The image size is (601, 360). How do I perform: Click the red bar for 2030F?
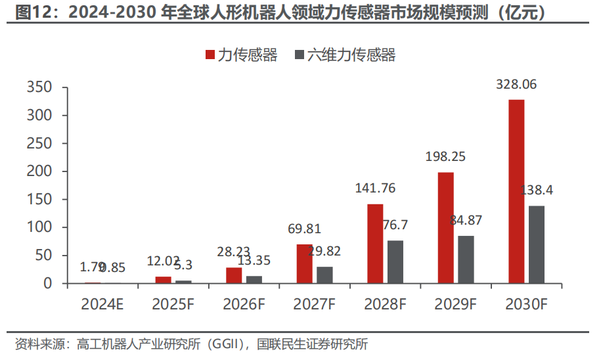(516, 191)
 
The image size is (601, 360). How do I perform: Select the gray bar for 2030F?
(537, 244)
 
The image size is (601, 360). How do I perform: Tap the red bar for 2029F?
(446, 227)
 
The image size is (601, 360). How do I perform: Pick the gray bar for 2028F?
(395, 261)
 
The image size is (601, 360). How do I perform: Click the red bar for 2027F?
(304, 263)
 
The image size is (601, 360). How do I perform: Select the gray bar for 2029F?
(466, 259)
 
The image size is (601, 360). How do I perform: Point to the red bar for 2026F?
(234, 275)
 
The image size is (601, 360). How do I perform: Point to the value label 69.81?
(304, 229)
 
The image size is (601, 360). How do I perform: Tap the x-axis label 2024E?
(103, 304)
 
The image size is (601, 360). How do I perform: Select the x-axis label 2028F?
(386, 304)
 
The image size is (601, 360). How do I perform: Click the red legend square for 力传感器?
(210, 55)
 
